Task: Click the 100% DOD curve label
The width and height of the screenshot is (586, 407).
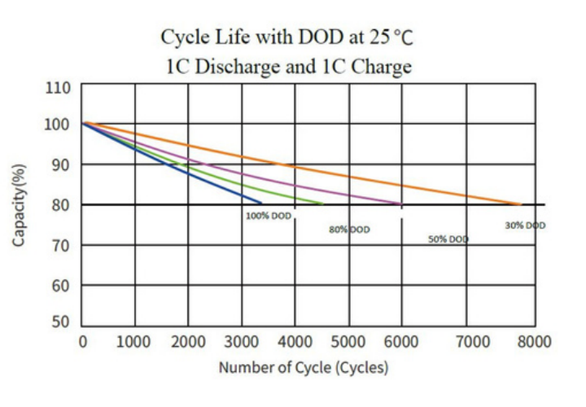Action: click(x=269, y=216)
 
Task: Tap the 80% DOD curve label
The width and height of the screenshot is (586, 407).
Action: click(x=349, y=230)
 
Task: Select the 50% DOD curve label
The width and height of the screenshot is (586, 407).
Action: click(x=448, y=239)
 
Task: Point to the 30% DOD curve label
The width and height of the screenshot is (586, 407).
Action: click(x=525, y=225)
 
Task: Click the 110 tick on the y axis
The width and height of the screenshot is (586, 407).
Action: click(x=58, y=88)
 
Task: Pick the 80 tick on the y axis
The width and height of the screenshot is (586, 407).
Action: click(x=60, y=205)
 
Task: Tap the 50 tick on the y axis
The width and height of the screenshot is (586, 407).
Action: click(x=60, y=322)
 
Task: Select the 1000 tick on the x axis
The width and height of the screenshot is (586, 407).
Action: click(x=133, y=342)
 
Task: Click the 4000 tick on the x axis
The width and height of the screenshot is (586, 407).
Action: click(x=295, y=342)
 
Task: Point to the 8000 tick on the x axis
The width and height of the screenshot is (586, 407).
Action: click(x=534, y=342)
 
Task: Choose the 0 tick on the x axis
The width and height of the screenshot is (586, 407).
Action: click(x=83, y=342)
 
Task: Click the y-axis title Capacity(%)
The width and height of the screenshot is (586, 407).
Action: click(x=19, y=205)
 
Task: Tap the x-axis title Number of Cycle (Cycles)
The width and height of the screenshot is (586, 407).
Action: click(x=304, y=367)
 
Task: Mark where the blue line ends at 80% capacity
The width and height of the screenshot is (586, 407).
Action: click(x=261, y=203)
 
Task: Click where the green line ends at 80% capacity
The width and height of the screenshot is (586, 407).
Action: click(x=323, y=203)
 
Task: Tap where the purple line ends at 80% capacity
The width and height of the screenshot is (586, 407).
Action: click(x=401, y=203)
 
